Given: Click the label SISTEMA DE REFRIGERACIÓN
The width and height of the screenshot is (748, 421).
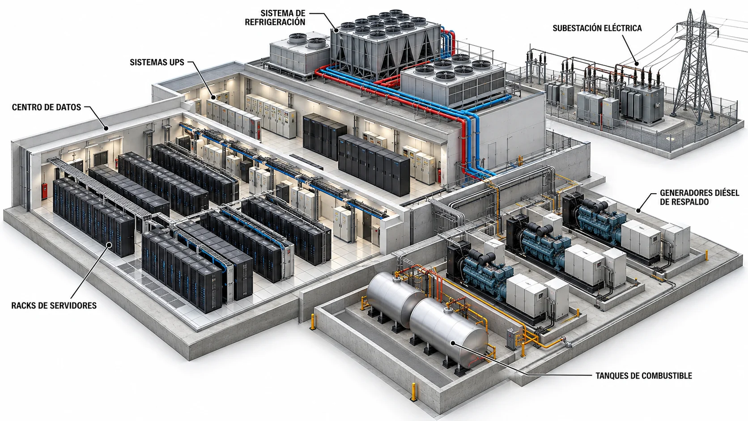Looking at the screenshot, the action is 275,18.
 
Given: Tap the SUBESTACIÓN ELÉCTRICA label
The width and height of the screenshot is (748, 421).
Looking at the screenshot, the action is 597,28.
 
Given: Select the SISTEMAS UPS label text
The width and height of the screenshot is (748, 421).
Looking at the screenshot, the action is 157,63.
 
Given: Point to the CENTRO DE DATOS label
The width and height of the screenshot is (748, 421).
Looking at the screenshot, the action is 47,107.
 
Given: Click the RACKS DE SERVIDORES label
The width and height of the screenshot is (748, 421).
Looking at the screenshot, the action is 54,306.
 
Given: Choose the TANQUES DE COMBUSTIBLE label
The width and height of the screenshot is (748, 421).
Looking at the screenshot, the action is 644,376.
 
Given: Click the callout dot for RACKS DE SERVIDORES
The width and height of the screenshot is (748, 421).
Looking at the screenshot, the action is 109,245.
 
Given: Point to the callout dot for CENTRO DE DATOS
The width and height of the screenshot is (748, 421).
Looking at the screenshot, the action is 106,128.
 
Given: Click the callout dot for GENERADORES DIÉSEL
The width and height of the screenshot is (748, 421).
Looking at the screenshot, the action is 638,211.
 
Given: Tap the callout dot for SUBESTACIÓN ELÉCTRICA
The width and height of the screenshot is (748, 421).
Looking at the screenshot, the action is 637,64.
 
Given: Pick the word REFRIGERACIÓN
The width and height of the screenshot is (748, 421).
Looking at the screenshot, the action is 275,22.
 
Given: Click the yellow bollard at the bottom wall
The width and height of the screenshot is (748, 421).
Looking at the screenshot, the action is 414,392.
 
